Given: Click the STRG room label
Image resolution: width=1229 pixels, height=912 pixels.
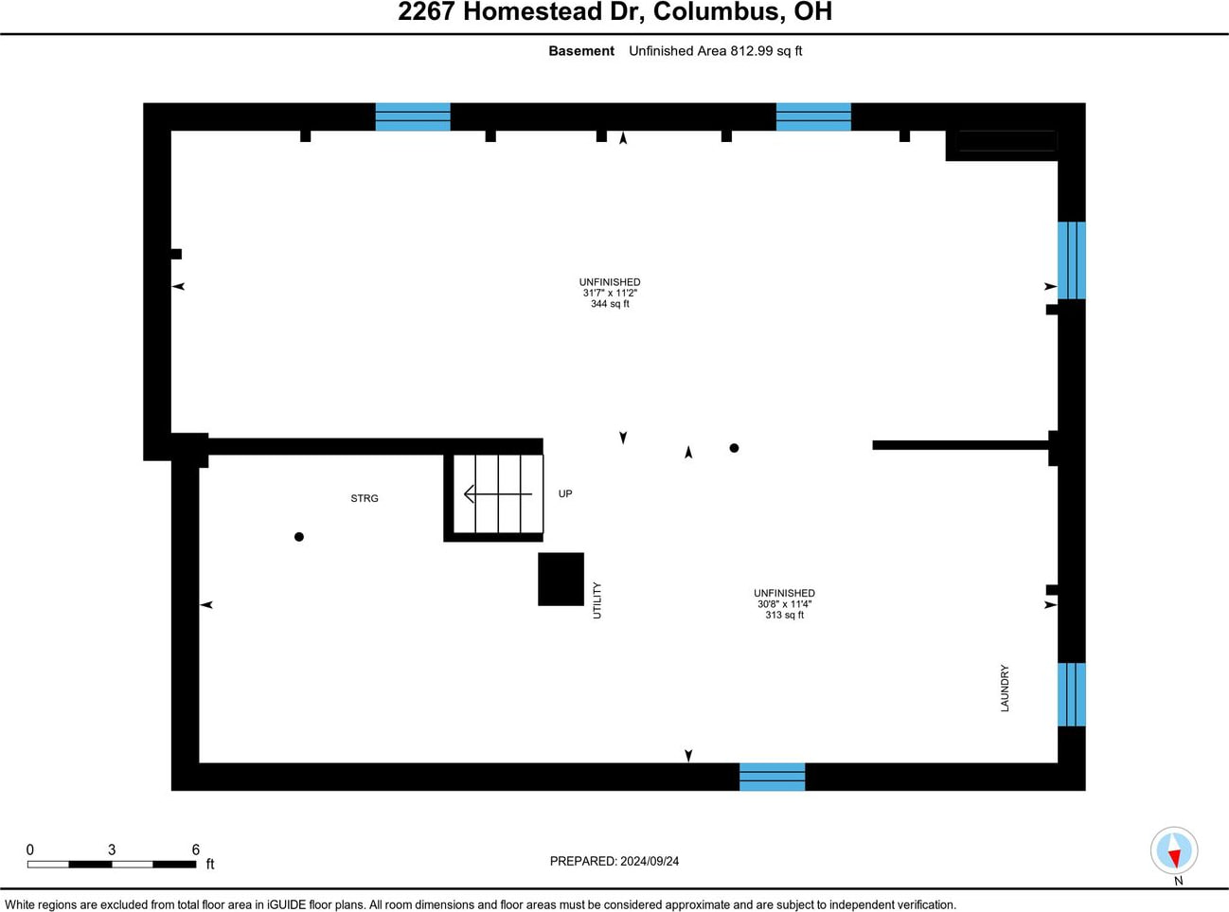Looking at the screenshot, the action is click(365, 498).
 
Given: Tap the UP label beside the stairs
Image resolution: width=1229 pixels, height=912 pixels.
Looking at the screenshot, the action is click(565, 493).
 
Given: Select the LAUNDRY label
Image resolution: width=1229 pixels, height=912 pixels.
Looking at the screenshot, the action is click(1005, 688).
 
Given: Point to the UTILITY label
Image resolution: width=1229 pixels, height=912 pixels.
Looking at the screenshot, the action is click(597, 600).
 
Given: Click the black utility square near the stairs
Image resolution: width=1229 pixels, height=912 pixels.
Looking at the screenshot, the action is click(561, 579).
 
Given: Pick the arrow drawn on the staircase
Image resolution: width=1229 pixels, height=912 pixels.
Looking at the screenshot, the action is click(496, 493).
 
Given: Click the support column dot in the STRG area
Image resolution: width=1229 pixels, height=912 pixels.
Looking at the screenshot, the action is click(299, 537).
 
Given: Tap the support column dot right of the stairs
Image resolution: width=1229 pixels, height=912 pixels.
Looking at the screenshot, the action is click(734, 448).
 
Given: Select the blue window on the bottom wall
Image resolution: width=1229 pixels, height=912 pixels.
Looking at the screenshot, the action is click(772, 777).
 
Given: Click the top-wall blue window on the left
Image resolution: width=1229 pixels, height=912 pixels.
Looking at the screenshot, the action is click(413, 116).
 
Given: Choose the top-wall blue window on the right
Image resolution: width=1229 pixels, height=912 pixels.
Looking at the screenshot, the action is click(813, 116).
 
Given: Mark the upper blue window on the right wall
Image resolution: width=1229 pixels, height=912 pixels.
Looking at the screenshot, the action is click(1071, 260).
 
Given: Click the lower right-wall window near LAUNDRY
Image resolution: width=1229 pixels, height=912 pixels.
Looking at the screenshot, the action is click(1071, 694).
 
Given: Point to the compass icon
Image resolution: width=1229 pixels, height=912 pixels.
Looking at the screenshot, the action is click(1174, 850).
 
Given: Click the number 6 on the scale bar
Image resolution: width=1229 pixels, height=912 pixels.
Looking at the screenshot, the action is click(196, 849).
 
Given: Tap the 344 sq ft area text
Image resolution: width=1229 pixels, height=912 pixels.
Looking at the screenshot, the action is click(610, 304).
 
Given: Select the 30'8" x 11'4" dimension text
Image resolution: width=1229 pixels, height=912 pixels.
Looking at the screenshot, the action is click(784, 604).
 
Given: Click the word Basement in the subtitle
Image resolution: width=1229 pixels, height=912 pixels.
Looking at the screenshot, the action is click(581, 51).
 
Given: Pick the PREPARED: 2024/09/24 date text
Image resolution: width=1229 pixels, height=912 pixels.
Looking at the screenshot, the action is click(614, 861).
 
